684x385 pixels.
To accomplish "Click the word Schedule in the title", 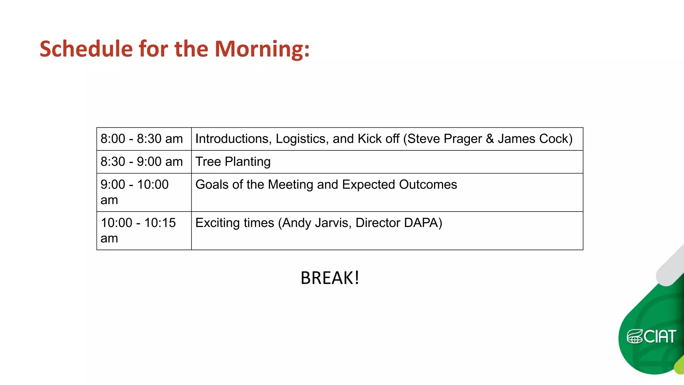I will [x=86, y=49].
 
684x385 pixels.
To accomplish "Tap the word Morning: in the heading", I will [x=262, y=49].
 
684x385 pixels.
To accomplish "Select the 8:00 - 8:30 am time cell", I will [x=142, y=139].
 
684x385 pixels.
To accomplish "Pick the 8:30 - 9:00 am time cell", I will [x=142, y=162].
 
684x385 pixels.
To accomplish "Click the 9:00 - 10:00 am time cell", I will [x=135, y=192].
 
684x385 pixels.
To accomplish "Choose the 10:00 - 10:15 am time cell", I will [x=138, y=230].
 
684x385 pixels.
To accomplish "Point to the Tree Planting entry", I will [x=233, y=162].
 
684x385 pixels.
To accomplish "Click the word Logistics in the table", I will [x=302, y=139].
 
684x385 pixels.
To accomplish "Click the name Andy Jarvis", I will [x=315, y=223].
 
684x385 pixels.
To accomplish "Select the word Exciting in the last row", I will [x=218, y=223].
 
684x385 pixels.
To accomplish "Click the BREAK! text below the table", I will [x=330, y=278].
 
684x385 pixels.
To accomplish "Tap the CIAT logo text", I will [x=660, y=337].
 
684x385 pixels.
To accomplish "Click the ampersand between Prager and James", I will [x=490, y=139].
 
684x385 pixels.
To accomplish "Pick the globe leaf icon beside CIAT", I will [x=634, y=337].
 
